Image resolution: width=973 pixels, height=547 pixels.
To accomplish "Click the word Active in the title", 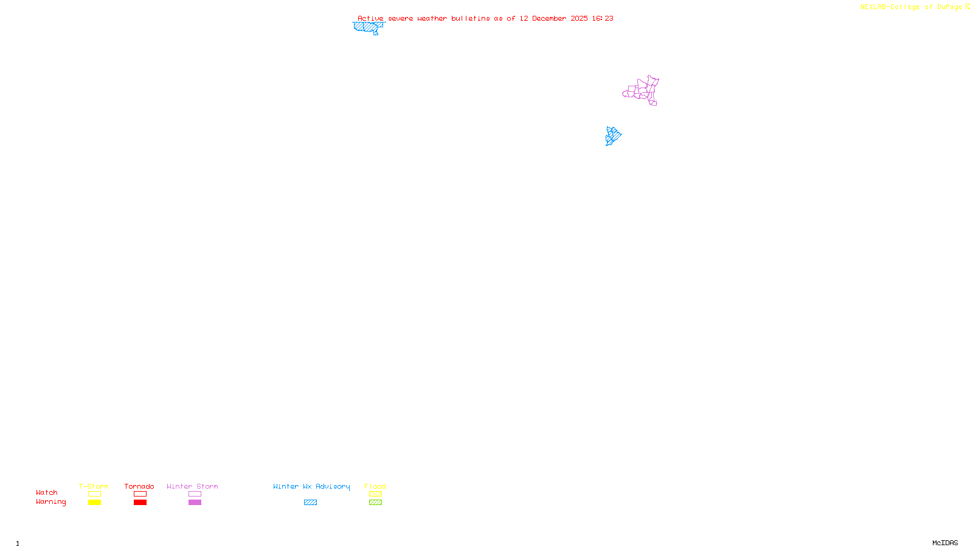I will click(x=370, y=18).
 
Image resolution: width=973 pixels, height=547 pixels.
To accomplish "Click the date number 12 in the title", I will click(x=524, y=18).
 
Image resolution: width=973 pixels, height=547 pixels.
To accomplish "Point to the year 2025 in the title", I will click(x=579, y=18).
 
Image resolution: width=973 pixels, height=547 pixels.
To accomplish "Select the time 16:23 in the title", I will click(x=603, y=18).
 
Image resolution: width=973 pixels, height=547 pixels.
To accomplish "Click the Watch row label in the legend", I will click(x=47, y=492).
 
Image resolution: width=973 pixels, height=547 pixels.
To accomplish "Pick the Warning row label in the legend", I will click(x=50, y=502).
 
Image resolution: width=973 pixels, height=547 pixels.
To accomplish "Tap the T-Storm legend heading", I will click(x=94, y=486).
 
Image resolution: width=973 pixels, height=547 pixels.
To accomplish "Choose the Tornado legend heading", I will click(x=139, y=486).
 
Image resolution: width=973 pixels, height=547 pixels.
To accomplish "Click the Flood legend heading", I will click(x=375, y=486).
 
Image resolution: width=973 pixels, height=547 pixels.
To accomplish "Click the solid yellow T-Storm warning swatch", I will click(x=94, y=503).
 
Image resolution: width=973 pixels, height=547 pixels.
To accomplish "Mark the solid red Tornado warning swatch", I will click(x=140, y=503).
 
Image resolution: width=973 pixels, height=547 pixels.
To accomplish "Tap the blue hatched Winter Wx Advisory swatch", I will click(x=310, y=503).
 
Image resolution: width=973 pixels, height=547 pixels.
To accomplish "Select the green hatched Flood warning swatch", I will click(x=375, y=503).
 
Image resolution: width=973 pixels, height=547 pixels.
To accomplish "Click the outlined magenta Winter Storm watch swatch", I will click(x=195, y=494).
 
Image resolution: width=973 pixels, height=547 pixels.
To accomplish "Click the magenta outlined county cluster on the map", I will click(x=642, y=91).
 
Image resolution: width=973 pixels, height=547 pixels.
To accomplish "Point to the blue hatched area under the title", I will click(x=367, y=27).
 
